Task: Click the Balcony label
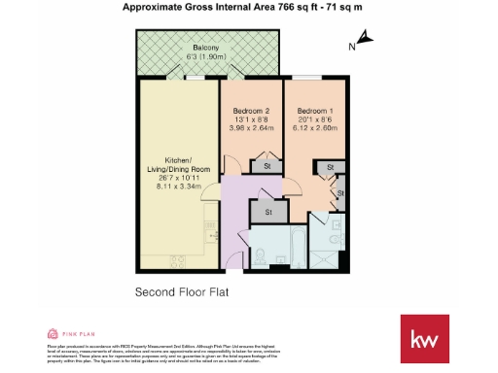(x=205, y=48)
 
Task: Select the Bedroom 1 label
(x=315, y=111)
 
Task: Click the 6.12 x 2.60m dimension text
(x=315, y=126)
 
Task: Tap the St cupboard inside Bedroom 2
(x=267, y=167)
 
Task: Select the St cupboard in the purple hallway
(x=267, y=211)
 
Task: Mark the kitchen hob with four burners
(x=178, y=259)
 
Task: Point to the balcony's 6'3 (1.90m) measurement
(x=205, y=56)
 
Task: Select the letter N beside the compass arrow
(x=352, y=46)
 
